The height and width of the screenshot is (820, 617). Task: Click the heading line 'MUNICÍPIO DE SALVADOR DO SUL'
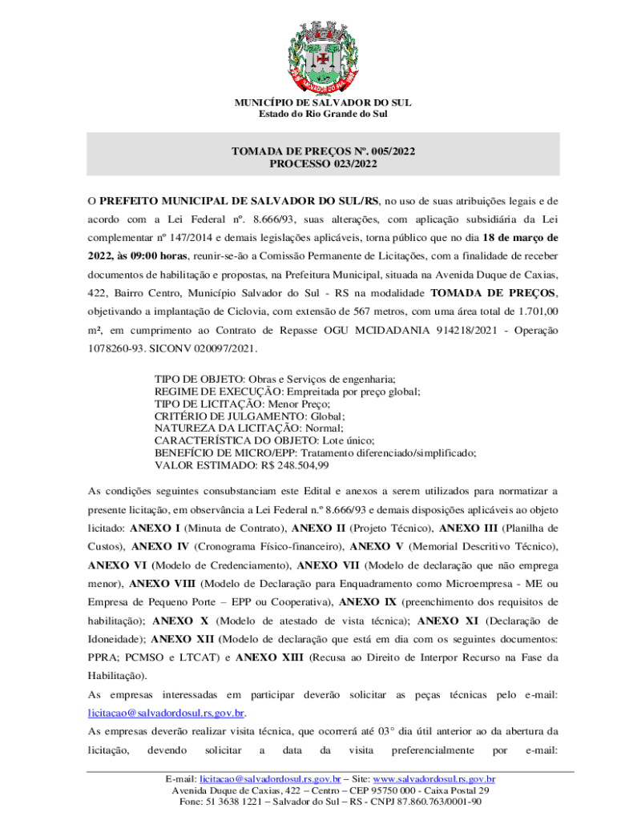(x=323, y=103)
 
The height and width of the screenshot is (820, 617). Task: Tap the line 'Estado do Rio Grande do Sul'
(x=323, y=115)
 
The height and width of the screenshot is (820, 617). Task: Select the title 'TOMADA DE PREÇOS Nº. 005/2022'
(x=323, y=151)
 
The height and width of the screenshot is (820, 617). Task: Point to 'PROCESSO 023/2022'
(x=323, y=163)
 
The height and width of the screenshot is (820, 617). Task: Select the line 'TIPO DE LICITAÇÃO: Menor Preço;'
(x=232, y=404)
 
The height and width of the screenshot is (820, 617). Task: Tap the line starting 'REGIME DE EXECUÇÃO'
(x=287, y=392)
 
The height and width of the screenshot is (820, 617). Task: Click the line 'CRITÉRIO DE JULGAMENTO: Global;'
(x=249, y=416)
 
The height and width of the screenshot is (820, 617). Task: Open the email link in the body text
(x=165, y=713)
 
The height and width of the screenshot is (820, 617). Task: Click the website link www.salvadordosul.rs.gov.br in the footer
(x=434, y=779)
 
